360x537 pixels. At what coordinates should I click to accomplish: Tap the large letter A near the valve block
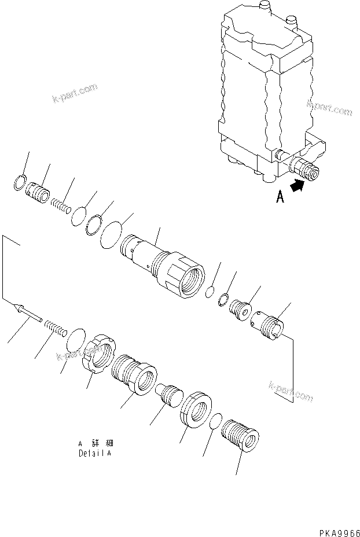[x=280, y=197]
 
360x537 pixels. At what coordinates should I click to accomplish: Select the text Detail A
[x=94, y=453]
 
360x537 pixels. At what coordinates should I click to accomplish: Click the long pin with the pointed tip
[x=26, y=313]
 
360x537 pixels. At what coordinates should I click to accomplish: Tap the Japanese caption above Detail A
[x=94, y=443]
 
